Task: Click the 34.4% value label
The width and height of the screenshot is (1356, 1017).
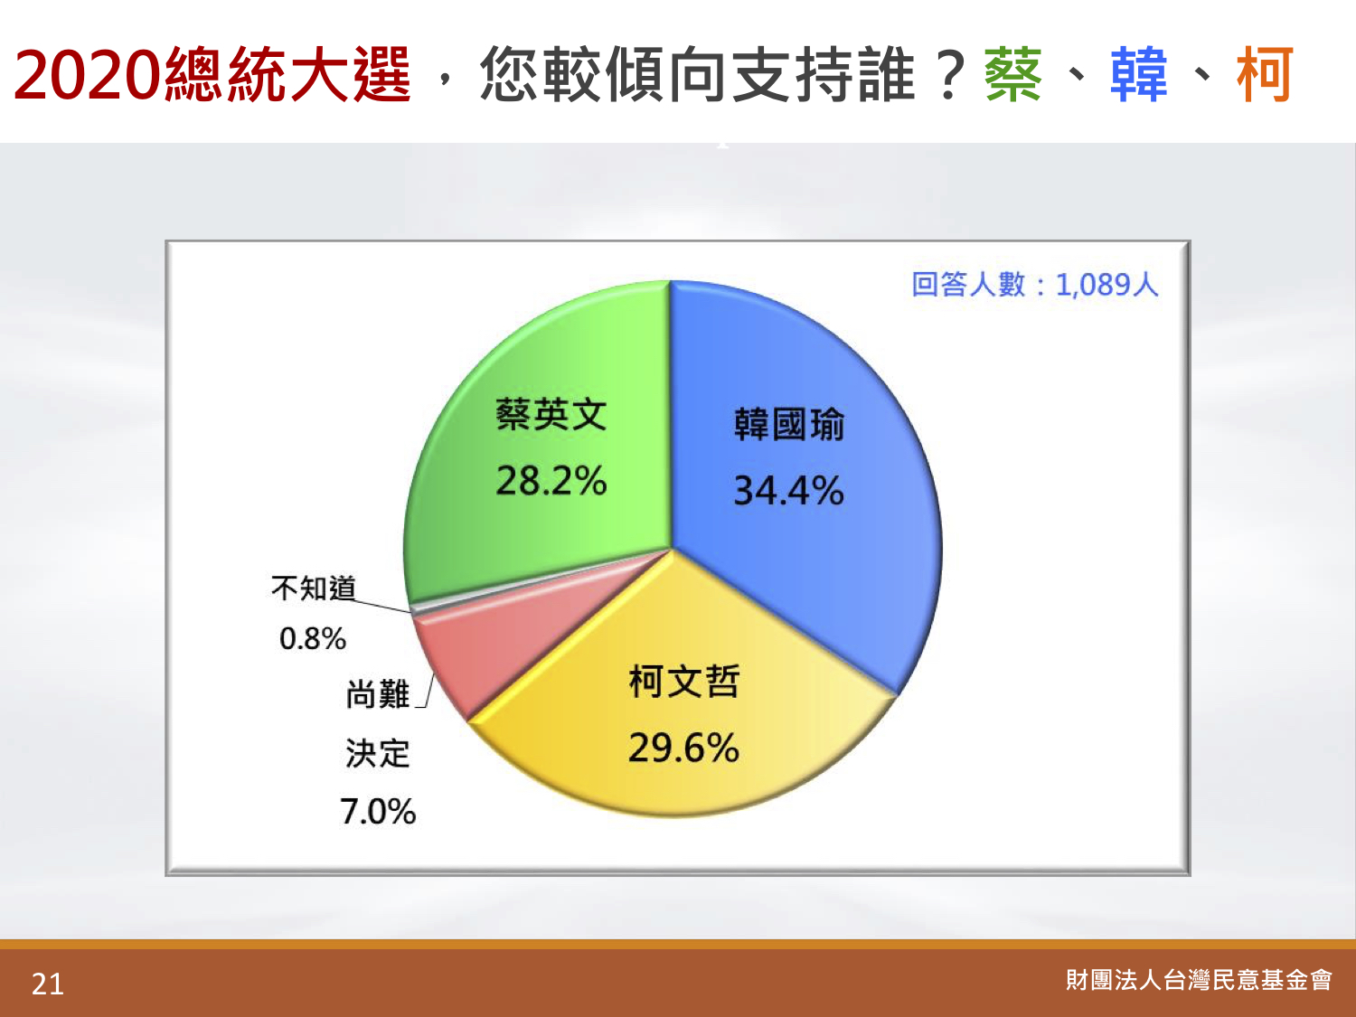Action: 788,491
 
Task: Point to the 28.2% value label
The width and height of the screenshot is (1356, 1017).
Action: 551,481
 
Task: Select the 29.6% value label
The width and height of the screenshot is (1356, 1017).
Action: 683,748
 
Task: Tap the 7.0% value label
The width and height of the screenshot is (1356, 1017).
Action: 378,812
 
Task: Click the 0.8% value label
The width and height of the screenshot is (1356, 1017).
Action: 313,638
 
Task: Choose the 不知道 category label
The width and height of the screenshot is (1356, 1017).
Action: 314,588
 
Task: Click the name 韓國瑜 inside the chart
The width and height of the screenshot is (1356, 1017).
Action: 789,425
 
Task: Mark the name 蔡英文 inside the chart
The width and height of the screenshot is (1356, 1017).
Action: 551,414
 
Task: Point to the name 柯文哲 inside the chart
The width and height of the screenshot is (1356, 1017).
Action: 683,682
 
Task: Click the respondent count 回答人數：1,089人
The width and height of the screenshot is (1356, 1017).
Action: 1035,285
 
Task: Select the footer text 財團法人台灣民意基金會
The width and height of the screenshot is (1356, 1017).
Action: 1199,980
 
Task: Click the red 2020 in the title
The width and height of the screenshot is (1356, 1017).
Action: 88,75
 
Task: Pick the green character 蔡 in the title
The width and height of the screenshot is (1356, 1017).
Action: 1013,74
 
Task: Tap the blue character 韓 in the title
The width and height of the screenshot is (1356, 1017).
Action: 1139,74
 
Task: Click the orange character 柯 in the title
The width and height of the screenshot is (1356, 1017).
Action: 1264,74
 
